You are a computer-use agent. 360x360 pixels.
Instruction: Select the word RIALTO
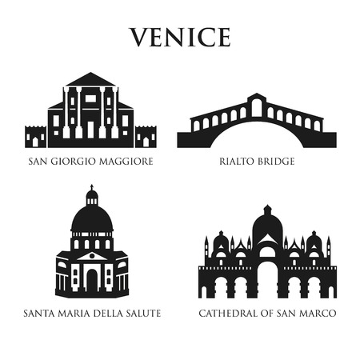tap(237, 162)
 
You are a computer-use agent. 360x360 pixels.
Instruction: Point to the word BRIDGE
tap(276, 162)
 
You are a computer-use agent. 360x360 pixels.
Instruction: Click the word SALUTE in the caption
tap(143, 313)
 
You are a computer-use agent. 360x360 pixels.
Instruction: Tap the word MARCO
tap(318, 313)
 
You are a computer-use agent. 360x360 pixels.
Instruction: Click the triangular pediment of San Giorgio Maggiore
tap(90, 80)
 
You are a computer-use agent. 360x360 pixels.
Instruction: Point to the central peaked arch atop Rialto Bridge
tap(256, 104)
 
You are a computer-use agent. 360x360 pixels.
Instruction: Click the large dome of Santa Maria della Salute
tap(91, 218)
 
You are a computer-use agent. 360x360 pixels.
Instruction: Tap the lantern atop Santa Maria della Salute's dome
tap(91, 195)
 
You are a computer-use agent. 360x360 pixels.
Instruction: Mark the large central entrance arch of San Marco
tap(267, 280)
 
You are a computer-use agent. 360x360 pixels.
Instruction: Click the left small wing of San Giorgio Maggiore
tap(36, 137)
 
